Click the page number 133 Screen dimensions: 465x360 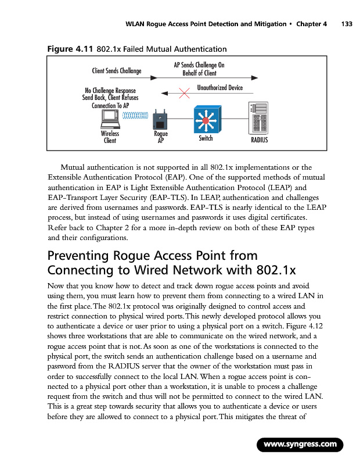347,24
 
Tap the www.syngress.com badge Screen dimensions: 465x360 301,445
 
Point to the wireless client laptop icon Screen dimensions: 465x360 110,120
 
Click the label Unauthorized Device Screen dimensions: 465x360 219,87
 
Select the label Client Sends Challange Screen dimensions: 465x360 117,71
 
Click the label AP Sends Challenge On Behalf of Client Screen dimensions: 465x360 199,69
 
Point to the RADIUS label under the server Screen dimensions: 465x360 259,139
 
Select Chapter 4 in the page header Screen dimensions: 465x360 312,24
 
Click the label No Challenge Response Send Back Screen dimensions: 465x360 110,95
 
